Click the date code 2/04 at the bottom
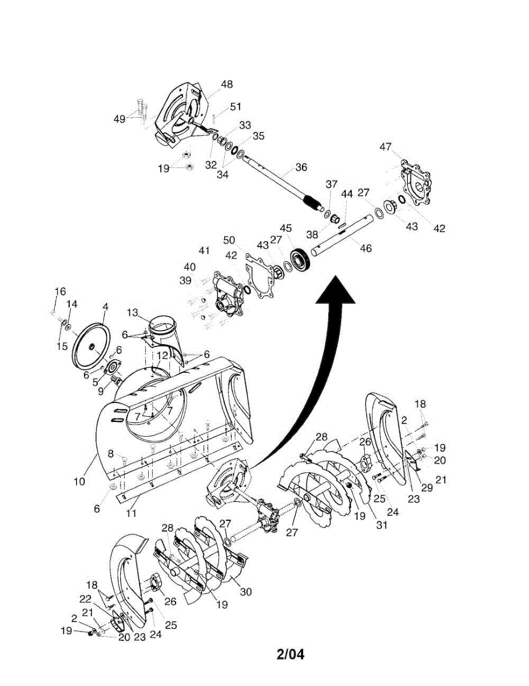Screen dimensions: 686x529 point(290,653)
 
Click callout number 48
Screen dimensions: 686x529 point(226,84)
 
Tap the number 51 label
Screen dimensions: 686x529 point(236,106)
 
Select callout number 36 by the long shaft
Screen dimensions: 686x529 point(301,167)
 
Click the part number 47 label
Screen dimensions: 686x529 point(386,147)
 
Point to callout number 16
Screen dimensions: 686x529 point(60,292)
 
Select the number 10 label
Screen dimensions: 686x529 point(79,481)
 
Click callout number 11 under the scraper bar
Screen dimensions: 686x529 point(132,513)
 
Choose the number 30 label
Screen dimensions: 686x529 point(245,592)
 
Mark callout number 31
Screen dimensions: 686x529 point(381,524)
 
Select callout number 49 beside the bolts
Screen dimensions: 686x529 point(119,118)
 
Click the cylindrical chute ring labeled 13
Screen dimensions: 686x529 point(162,330)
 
